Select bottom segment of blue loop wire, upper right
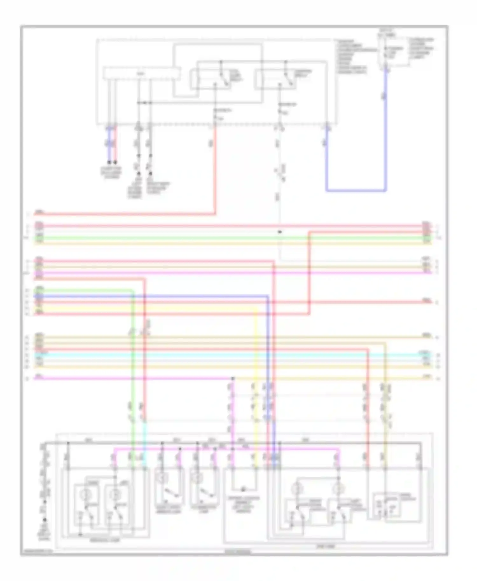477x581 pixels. tap(356, 191)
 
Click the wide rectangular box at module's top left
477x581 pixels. tap(142, 73)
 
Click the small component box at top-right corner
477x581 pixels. tap(393, 51)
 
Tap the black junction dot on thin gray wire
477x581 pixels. tap(280, 232)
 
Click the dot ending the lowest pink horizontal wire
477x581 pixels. tap(233, 379)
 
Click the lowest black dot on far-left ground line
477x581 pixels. tap(45, 520)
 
